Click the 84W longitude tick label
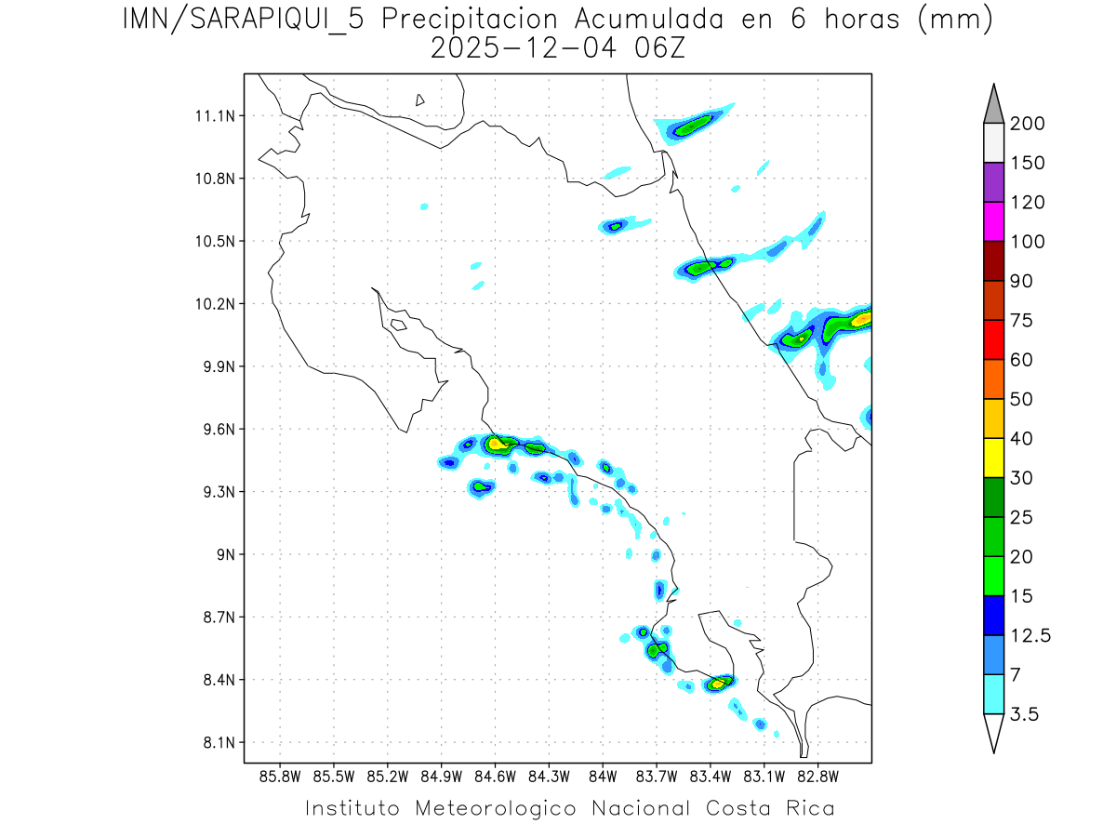click(603, 776)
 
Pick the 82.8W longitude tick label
click(817, 776)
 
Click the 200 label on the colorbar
click(1028, 124)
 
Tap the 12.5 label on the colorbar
click(1030, 635)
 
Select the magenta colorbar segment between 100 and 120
click(993, 221)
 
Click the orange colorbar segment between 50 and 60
click(993, 379)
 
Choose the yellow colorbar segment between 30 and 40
click(993, 458)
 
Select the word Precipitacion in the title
click(472, 20)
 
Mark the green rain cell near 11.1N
click(692, 126)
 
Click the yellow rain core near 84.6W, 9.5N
click(498, 444)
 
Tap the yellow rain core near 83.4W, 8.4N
click(717, 684)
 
